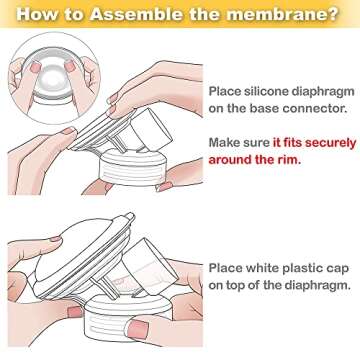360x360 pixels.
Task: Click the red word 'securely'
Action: coord(317,143)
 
